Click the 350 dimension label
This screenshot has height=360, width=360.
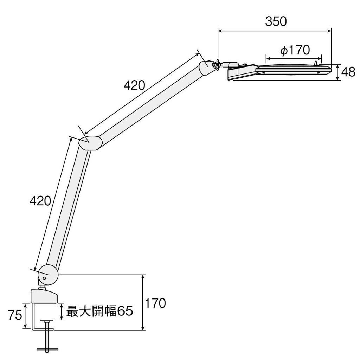point(276,22)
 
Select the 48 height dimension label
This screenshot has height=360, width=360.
point(348,72)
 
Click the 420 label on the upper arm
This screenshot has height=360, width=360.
point(134,85)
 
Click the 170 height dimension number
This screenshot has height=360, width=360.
point(155,303)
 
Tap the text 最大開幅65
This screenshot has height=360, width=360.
point(100,311)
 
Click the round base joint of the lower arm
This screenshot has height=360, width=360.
point(48,274)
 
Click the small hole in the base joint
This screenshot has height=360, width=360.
point(44,278)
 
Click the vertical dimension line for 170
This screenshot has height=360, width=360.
point(143,302)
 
